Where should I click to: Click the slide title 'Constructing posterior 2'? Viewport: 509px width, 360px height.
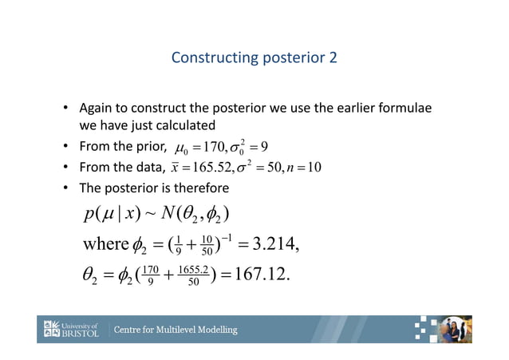point(254,58)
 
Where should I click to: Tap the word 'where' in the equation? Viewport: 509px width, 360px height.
point(105,243)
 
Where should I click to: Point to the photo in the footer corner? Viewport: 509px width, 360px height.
point(457,329)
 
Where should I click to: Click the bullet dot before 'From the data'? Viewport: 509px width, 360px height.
point(66,167)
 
